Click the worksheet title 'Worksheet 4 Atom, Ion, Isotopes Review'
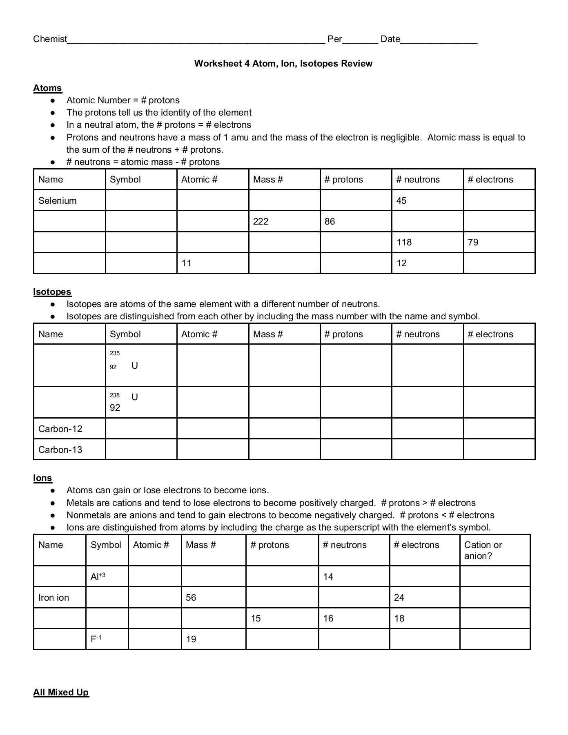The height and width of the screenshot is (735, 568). [283, 63]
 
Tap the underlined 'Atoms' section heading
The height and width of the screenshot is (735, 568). [47, 88]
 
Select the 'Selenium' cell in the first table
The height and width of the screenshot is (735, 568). [58, 200]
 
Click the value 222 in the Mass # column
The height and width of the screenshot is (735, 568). [261, 221]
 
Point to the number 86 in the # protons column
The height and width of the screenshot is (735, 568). [330, 221]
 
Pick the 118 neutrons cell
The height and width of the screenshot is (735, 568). [404, 242]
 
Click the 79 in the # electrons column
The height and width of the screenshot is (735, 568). [473, 242]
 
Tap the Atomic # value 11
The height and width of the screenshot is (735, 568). [186, 263]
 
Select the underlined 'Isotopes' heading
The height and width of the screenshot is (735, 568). [52, 292]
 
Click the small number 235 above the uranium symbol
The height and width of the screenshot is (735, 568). [115, 353]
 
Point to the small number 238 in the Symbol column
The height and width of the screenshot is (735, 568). [115, 395]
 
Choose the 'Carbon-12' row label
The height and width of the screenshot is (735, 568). [60, 429]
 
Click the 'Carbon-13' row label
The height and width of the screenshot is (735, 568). [60, 450]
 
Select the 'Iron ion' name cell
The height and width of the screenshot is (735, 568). [54, 597]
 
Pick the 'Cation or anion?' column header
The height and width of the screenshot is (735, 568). [483, 550]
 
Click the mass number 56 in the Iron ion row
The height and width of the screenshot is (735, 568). [191, 597]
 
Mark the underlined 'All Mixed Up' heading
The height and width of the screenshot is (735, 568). [61, 692]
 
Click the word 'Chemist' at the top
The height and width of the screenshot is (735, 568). [50, 39]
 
